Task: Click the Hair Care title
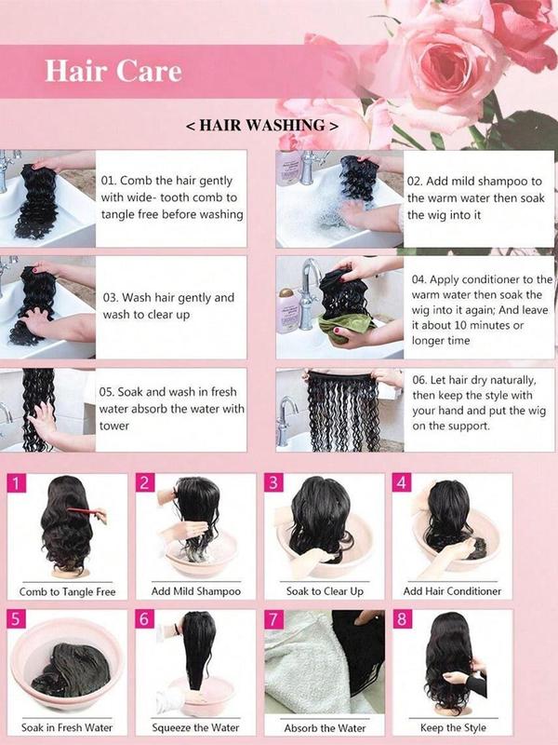pyautogui.click(x=113, y=72)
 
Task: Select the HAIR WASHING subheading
pyautogui.click(x=261, y=124)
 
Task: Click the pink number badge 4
pyautogui.click(x=401, y=483)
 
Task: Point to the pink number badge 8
pyautogui.click(x=401, y=618)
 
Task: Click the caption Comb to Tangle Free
pyautogui.click(x=67, y=591)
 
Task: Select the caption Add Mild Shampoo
pyautogui.click(x=195, y=591)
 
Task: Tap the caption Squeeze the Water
pyautogui.click(x=195, y=727)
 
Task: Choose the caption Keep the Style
pyautogui.click(x=452, y=727)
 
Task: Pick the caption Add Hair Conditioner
pyautogui.click(x=452, y=591)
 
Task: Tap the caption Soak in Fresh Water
pyautogui.click(x=67, y=727)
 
